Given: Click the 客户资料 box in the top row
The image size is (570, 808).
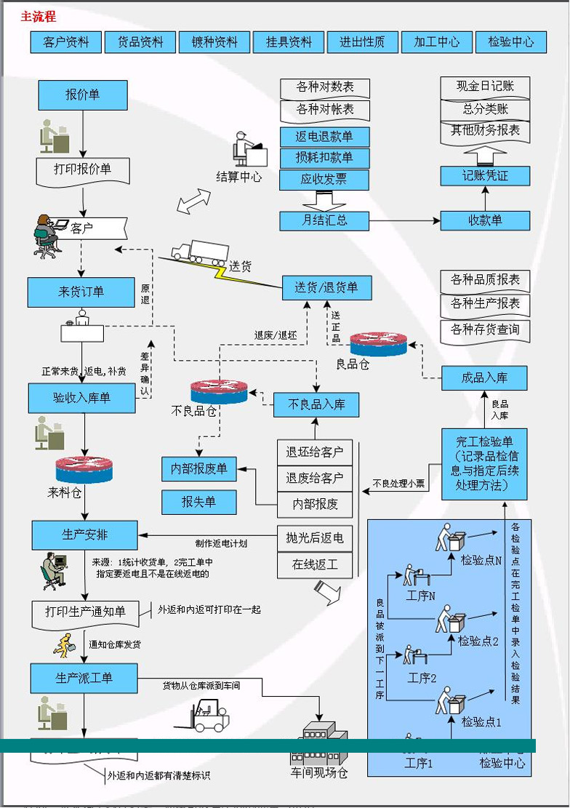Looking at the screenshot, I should click(65, 42).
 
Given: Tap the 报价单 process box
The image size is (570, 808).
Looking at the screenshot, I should click(83, 95).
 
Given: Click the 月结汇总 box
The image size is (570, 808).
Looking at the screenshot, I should click(324, 220).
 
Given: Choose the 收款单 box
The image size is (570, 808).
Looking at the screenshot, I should click(485, 220).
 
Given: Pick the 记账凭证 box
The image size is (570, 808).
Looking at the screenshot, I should click(485, 175).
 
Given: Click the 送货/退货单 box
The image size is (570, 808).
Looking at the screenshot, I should click(326, 288).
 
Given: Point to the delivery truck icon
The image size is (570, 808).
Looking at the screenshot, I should click(199, 252).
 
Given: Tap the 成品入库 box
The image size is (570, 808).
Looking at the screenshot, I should click(484, 378).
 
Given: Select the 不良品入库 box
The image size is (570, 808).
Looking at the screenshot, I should click(316, 404).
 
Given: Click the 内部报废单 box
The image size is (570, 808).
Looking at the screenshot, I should click(198, 469).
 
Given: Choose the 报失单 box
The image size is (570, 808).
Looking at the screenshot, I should click(198, 502).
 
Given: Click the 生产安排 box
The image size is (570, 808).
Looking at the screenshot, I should click(84, 535).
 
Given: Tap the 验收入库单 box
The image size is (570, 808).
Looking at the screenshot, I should click(81, 398).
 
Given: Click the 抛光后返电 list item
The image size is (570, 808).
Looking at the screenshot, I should click(317, 539).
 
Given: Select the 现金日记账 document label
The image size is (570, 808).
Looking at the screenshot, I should click(485, 87).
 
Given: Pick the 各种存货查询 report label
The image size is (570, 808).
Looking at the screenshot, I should click(485, 329).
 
